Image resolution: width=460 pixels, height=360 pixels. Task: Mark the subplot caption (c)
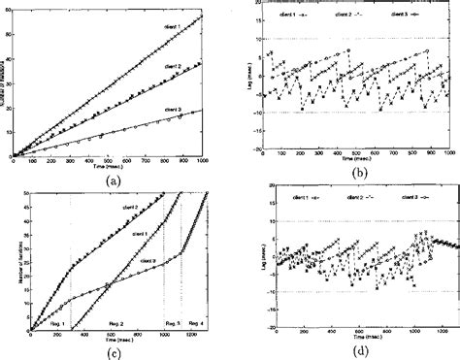[x=115, y=350]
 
